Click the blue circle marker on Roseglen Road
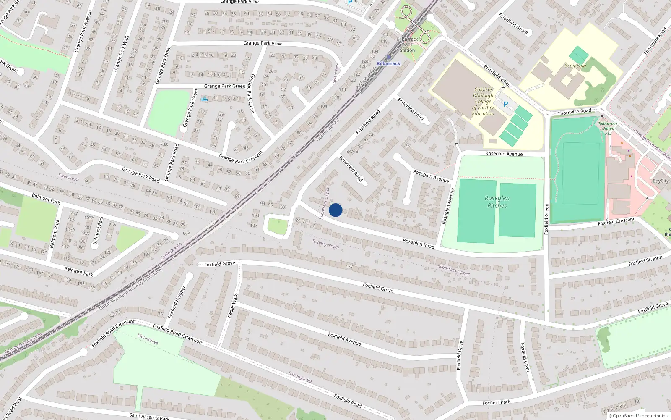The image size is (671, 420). point(335,210)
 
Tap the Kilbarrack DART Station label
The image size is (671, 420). point(407,45)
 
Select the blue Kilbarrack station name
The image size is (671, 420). point(388,63)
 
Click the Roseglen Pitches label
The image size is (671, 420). point(497,202)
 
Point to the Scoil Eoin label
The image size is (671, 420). point(575,66)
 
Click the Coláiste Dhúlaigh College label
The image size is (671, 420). point(483,101)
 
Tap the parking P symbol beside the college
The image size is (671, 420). point(506,104)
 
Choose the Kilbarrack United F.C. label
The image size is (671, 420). point(608,128)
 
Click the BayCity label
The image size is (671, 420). point(661,181)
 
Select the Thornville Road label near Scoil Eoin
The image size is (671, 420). point(574,112)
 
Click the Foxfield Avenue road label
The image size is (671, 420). point(344,339)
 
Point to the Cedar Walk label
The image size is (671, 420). point(232,306)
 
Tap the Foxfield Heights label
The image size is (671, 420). point(177,302)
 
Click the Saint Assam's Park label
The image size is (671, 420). point(149,416)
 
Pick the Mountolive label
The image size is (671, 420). point(148,339)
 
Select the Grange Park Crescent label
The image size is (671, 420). point(240,157)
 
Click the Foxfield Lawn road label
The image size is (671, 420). point(525,357)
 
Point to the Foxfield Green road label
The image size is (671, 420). point(546,219)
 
